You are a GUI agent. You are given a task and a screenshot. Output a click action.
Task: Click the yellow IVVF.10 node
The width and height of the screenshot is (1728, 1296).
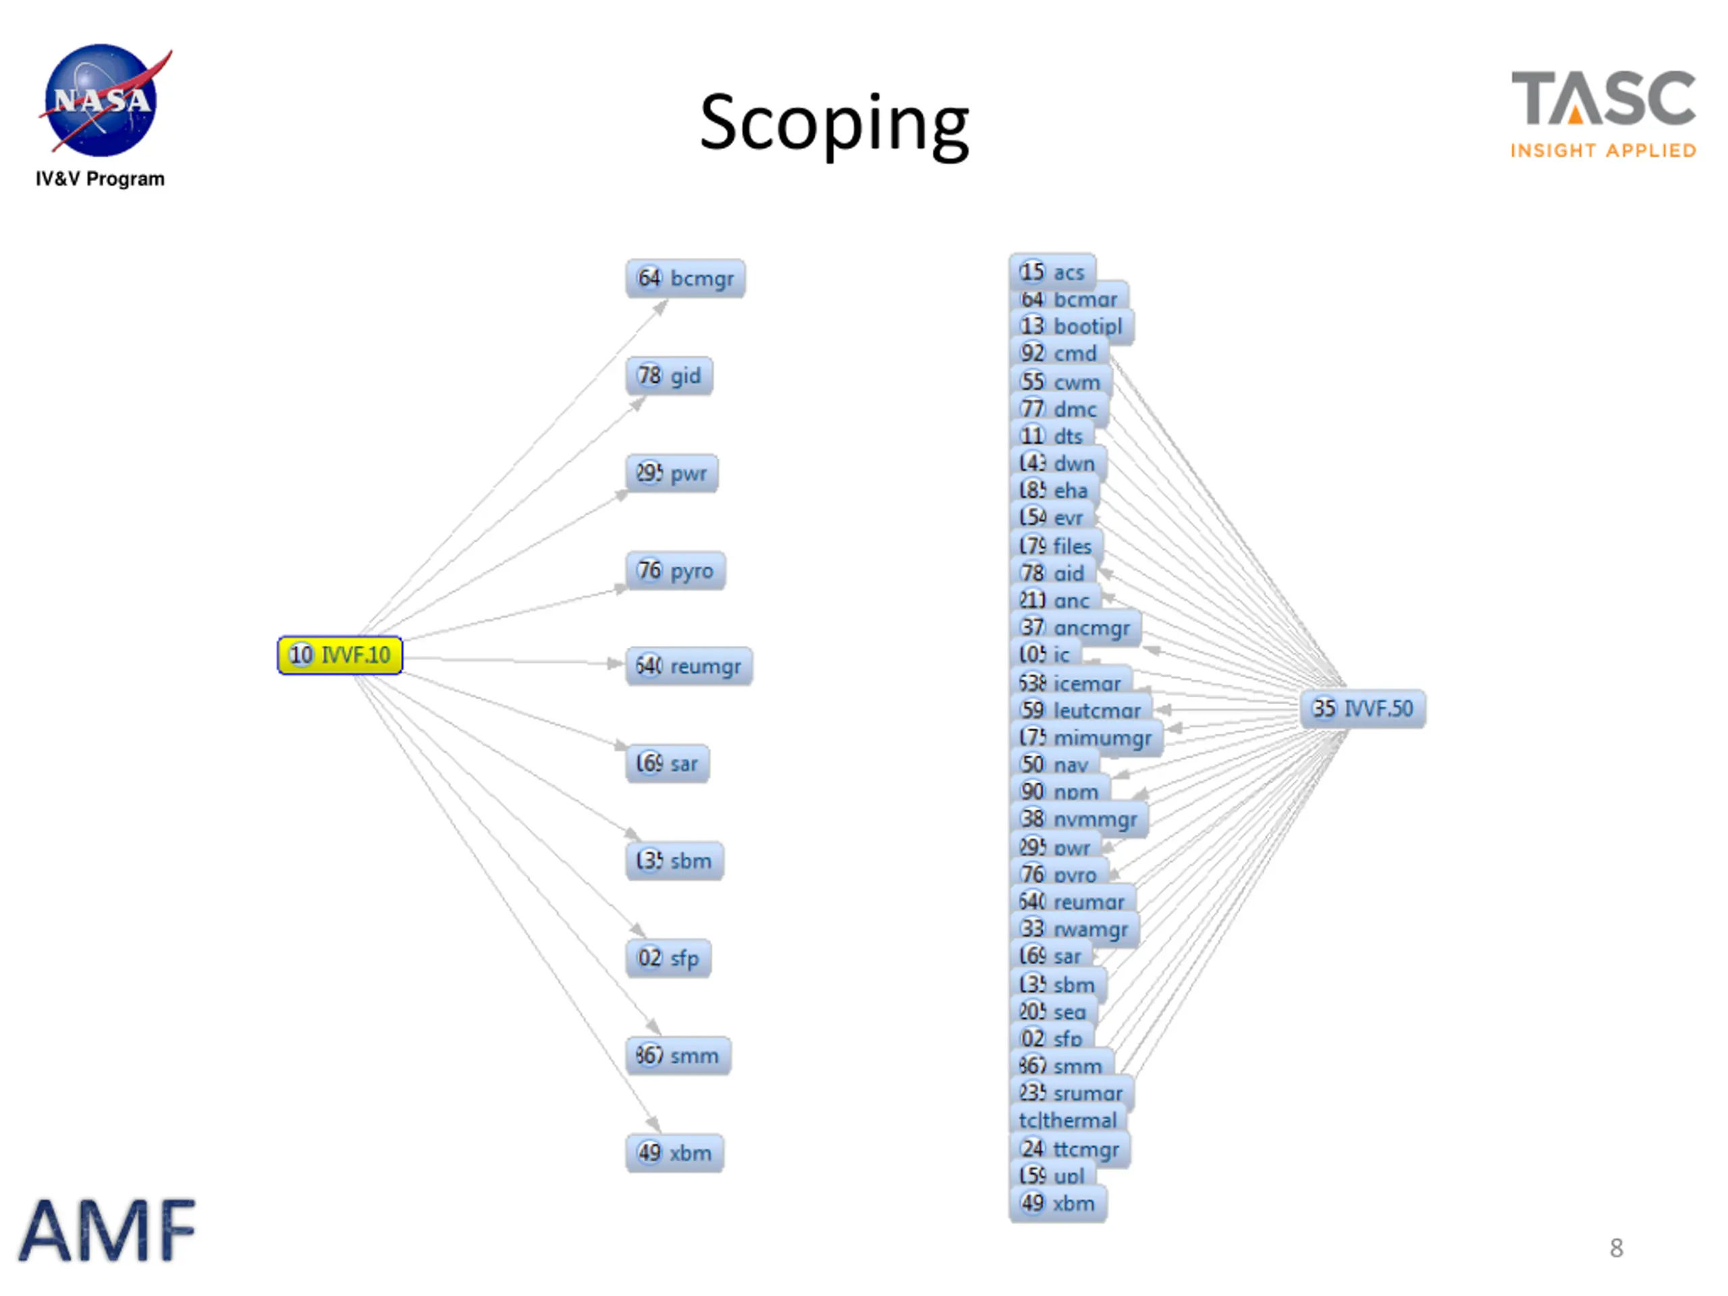point(340,655)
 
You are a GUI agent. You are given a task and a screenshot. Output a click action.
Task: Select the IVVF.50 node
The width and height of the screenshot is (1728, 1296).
point(1362,709)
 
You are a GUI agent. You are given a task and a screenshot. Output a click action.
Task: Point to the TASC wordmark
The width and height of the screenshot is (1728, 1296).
point(1603,99)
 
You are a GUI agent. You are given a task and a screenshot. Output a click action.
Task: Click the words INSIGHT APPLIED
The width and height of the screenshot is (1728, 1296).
point(1603,150)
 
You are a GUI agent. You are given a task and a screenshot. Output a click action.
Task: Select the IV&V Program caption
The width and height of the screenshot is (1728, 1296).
point(100,179)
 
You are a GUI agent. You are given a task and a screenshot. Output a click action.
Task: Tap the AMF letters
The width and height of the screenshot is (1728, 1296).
point(107,1231)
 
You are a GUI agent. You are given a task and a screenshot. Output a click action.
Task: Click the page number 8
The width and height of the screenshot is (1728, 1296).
point(1615,1247)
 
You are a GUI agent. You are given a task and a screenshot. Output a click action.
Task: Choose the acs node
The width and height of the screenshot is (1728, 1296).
point(1052,271)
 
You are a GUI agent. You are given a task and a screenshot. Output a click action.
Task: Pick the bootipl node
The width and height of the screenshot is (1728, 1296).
point(1071,326)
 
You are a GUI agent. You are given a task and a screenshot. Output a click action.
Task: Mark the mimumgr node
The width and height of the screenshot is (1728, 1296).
point(1086,738)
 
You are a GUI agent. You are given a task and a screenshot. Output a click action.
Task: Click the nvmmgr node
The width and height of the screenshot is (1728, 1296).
point(1079,819)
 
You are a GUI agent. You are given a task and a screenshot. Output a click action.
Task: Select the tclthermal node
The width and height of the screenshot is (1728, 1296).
point(1067,1120)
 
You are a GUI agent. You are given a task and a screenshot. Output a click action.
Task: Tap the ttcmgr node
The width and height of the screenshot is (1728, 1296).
point(1069,1148)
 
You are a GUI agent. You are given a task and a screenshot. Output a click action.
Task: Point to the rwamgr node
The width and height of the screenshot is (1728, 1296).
point(1074,928)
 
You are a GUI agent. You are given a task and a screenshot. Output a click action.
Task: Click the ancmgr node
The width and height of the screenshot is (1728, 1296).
point(1075,627)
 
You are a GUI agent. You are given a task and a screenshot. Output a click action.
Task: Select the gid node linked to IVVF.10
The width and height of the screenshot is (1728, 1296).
point(669,376)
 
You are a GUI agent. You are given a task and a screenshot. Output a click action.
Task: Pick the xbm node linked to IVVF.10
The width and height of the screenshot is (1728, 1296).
point(674,1152)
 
